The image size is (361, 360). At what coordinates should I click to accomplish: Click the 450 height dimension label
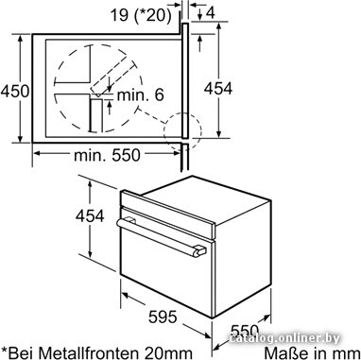15,92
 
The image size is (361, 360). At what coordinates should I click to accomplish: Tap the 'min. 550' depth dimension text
107,155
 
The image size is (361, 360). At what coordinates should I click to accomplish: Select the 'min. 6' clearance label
141,94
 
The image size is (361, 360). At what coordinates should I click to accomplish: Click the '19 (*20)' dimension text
141,14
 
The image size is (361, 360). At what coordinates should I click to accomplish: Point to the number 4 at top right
211,13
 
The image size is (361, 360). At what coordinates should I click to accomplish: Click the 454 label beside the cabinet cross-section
218,89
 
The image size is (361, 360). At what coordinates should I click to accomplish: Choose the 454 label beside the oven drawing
90,216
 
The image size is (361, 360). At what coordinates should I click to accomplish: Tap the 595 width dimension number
163,317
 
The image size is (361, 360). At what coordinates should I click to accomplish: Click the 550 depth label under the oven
245,331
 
